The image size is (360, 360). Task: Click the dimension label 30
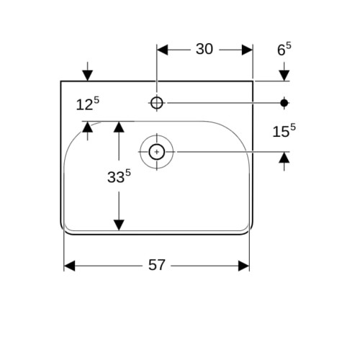204,49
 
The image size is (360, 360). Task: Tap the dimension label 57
157,265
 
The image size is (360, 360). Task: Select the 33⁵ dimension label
119,176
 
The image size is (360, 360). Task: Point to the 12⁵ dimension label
88,104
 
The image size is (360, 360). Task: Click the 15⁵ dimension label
284,131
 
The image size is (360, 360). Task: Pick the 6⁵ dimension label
284,49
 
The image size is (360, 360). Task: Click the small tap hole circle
157,103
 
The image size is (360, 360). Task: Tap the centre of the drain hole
157,152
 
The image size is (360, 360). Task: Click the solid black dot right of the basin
284,103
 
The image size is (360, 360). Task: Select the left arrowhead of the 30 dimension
163,50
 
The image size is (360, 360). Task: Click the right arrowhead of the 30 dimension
247,50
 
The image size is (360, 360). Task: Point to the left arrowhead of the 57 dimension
70,266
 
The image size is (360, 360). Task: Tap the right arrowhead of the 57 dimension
244,266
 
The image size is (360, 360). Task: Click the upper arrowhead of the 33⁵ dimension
119,127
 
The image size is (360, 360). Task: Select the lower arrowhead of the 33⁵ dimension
119,225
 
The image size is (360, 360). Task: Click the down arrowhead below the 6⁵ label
284,76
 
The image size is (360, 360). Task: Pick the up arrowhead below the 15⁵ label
284,158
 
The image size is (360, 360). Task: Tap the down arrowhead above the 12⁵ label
88,76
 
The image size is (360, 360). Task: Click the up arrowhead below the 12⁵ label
88,127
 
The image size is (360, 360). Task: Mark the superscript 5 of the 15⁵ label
293,127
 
